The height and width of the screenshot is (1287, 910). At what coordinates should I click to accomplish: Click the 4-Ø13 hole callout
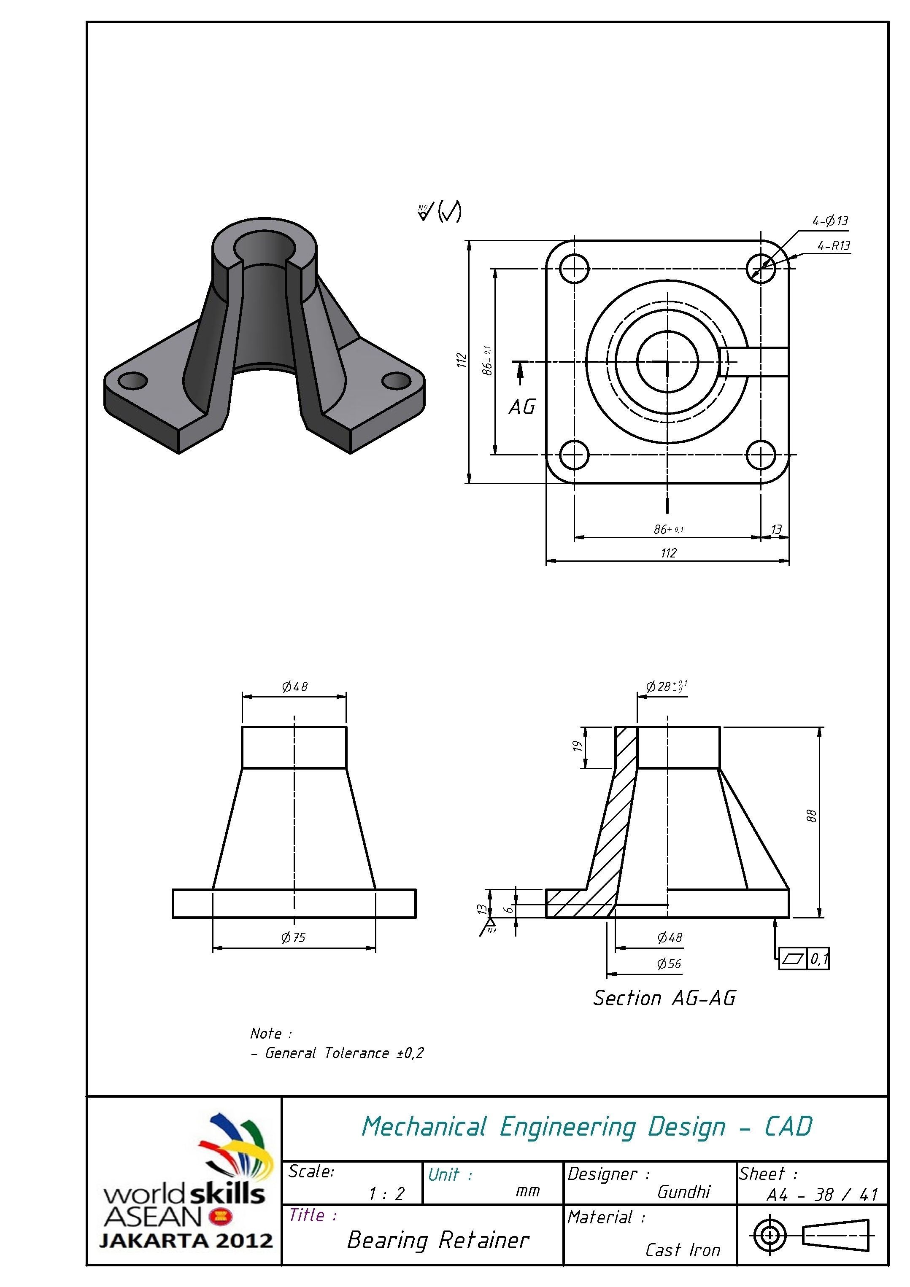point(830,221)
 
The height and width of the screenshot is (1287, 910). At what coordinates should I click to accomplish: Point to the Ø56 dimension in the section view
point(669,964)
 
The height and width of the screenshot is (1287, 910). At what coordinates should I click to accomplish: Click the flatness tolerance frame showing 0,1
point(803,959)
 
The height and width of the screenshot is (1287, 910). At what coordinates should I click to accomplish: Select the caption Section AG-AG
point(664,998)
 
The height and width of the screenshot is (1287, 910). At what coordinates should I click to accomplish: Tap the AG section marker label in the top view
point(522,407)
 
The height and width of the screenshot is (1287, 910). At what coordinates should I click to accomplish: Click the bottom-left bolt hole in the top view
point(574,455)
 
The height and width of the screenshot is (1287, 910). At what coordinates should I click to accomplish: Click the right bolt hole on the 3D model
point(397,381)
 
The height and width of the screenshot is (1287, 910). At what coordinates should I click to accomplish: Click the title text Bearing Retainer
point(438,1240)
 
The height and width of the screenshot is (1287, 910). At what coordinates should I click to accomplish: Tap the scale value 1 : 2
point(386,1194)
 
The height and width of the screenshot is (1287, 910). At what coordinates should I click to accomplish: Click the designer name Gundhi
point(683,1192)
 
